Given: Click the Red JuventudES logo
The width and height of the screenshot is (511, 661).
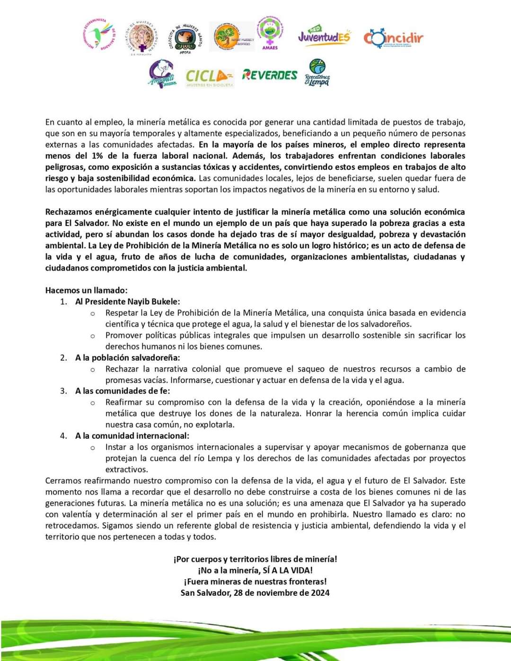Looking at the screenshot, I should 324,35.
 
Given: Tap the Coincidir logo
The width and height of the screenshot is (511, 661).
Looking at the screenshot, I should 393,38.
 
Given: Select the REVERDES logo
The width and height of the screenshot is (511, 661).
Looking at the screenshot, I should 270,75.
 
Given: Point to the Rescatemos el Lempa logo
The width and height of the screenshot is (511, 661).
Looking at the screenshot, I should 317,73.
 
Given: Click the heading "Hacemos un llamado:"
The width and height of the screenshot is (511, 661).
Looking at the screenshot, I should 86,290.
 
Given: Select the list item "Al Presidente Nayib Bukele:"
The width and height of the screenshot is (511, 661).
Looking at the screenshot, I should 127,302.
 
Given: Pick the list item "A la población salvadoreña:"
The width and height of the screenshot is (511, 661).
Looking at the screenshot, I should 127,357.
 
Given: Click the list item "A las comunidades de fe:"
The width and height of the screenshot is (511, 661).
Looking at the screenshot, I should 122,391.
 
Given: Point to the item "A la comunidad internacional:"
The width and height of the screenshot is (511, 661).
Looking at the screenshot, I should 132,435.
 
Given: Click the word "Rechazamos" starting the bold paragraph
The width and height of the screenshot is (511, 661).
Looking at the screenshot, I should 68,212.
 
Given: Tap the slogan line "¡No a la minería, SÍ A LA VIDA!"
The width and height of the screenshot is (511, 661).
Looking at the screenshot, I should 255,570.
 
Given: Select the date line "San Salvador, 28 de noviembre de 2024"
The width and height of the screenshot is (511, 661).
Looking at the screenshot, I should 255,592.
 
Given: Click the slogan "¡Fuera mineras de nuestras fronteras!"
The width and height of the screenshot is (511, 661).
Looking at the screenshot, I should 255,582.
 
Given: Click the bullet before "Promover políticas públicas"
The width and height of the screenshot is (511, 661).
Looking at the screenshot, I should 93,336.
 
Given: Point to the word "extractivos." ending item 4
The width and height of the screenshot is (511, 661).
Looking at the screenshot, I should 126,470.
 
